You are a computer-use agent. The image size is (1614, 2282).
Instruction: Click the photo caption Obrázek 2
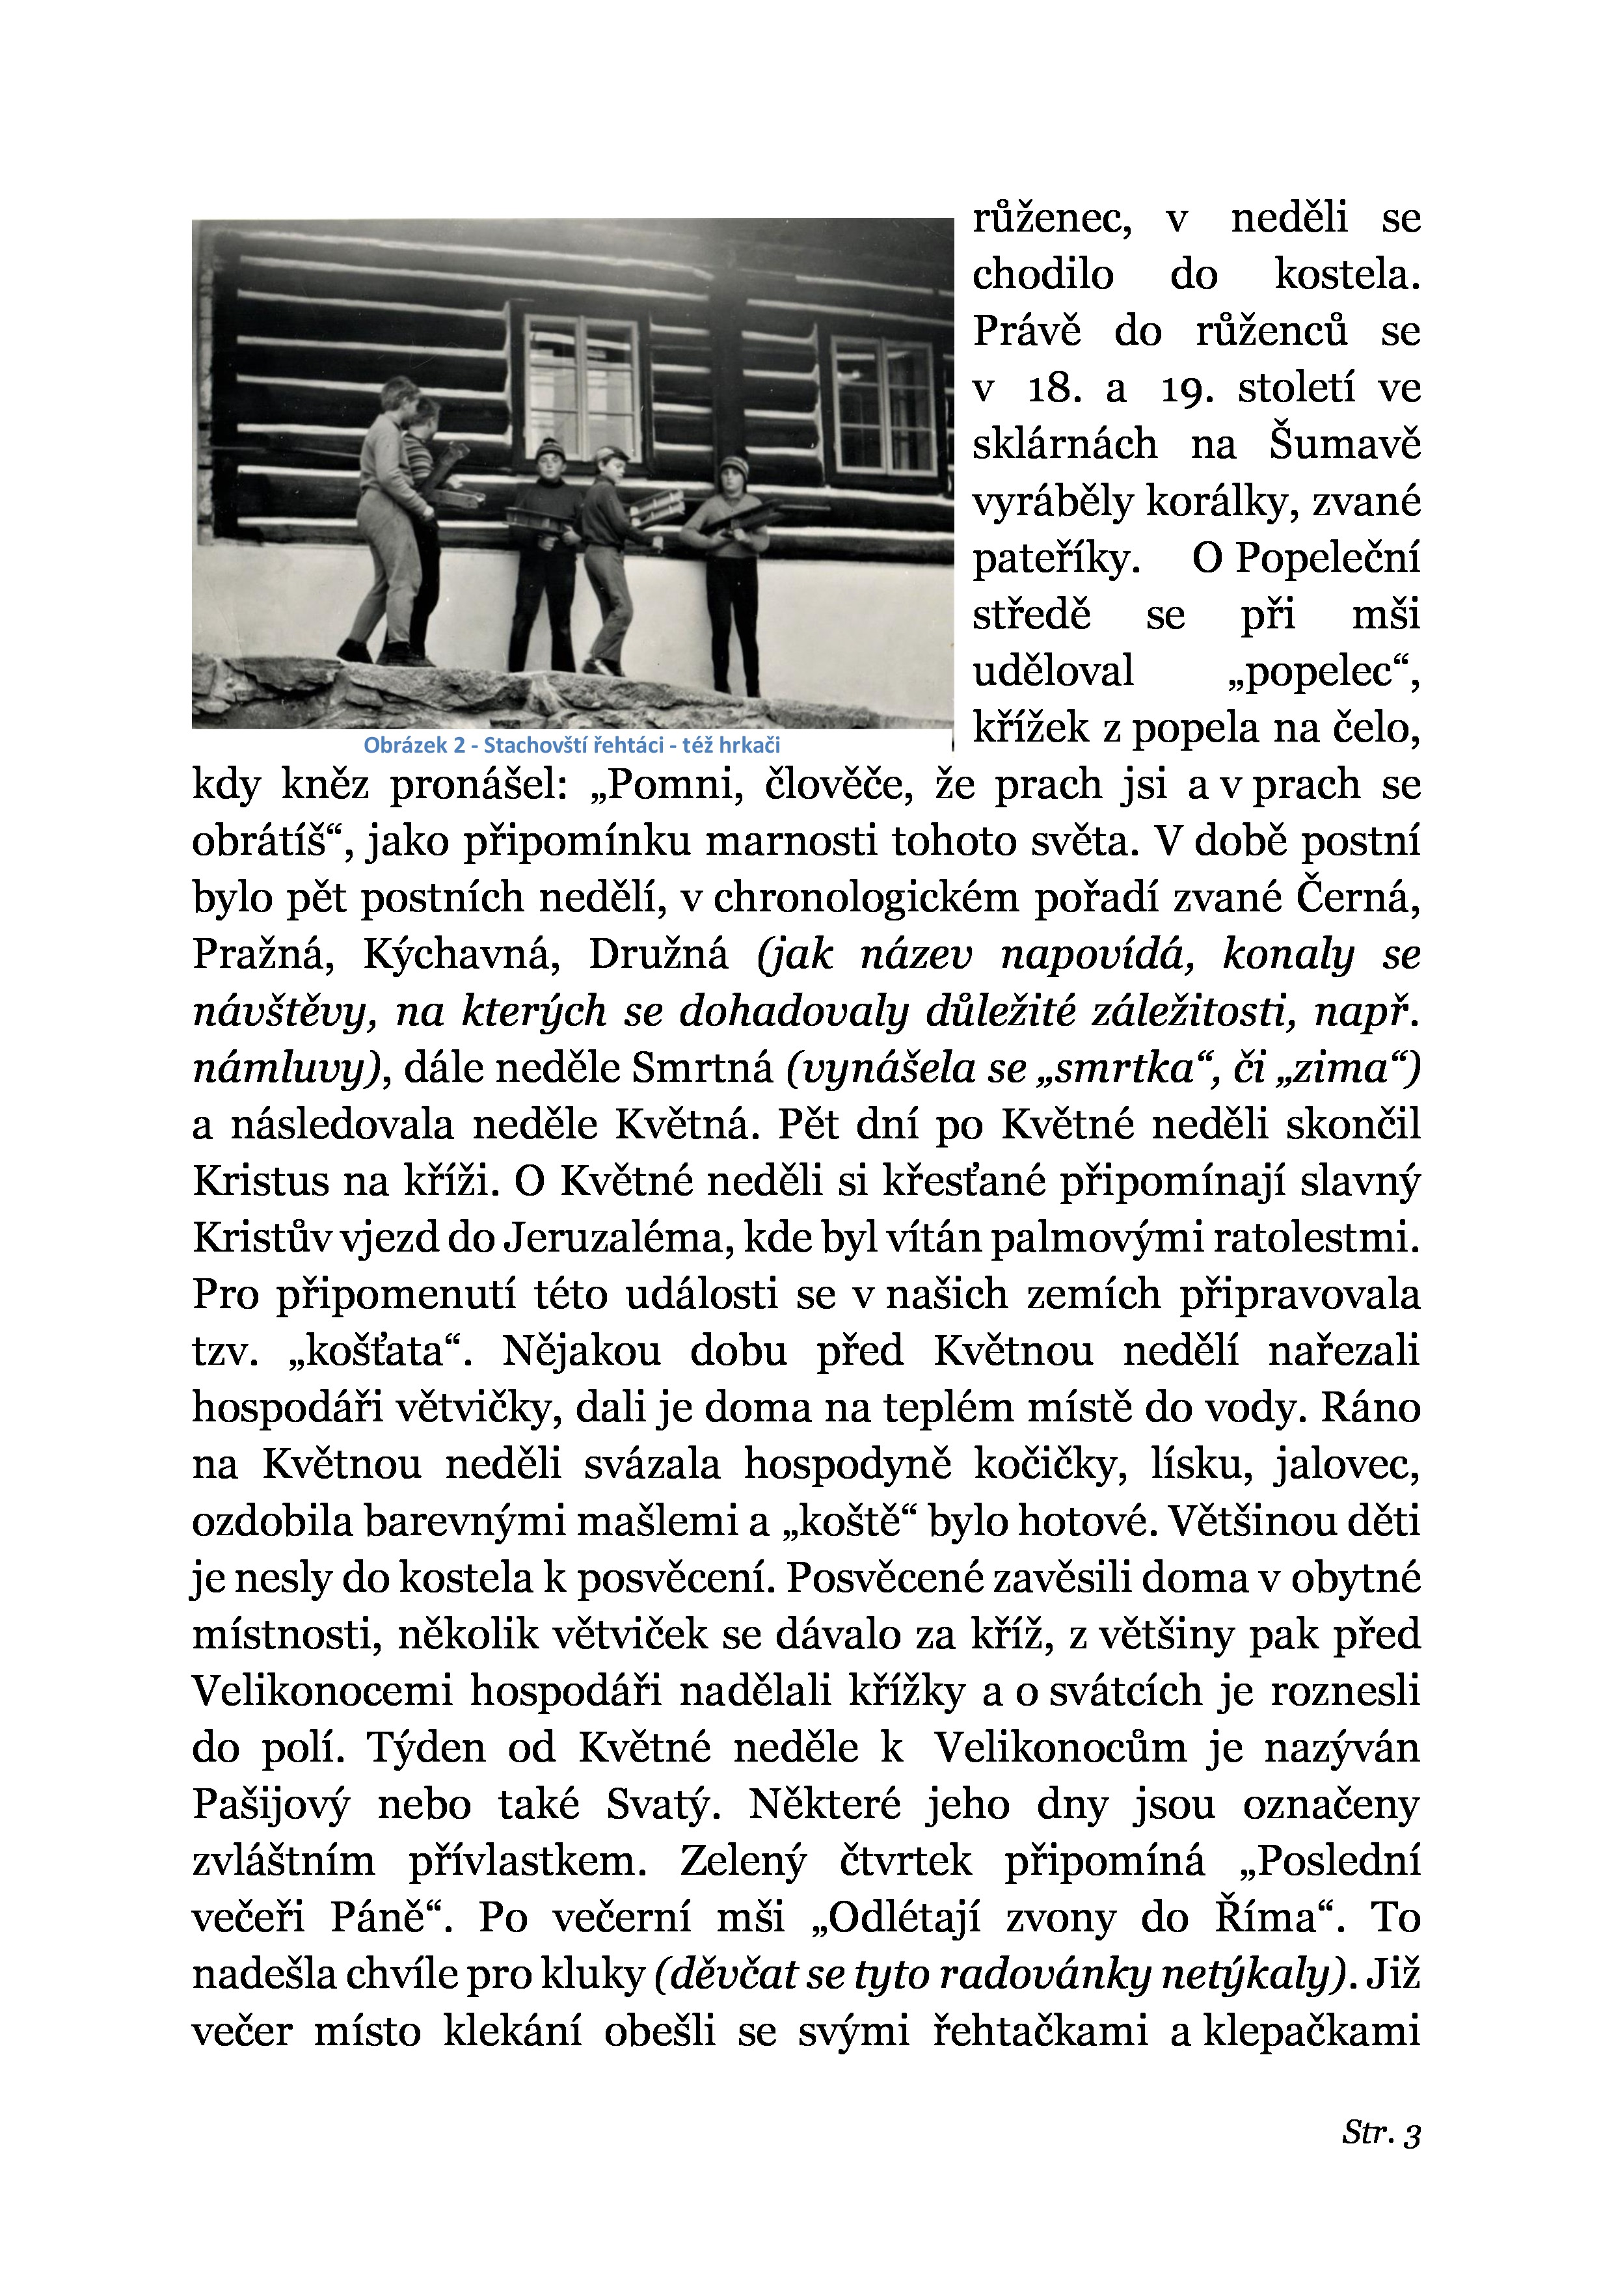click(571, 744)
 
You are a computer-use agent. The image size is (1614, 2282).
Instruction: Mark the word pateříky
click(1055, 559)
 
